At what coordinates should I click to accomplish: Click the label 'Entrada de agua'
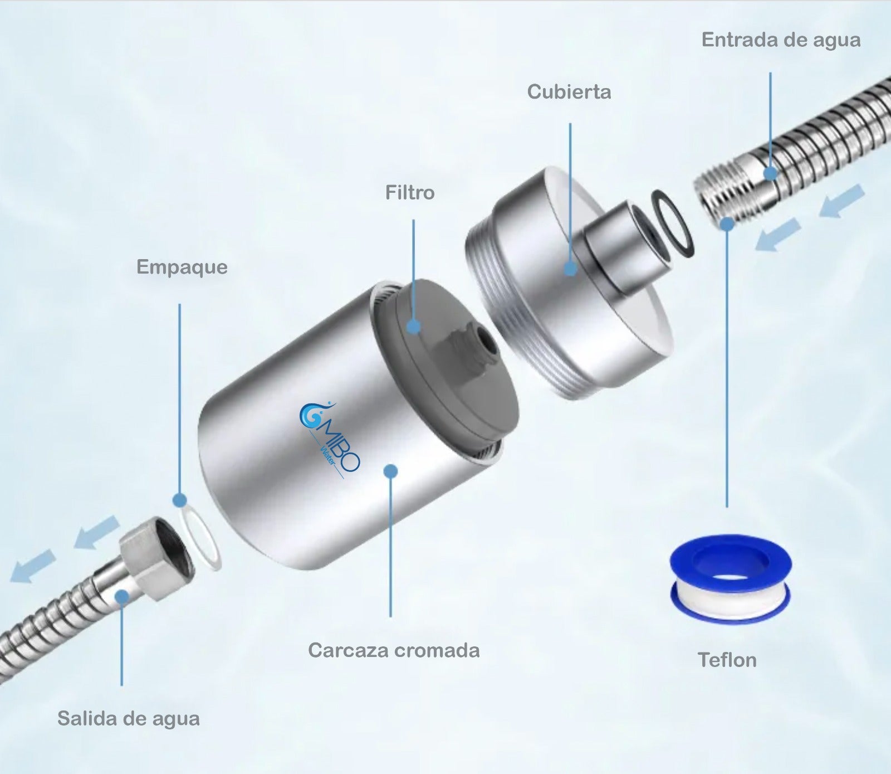click(781, 40)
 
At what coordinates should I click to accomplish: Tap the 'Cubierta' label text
click(569, 91)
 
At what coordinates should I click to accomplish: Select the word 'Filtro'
click(410, 192)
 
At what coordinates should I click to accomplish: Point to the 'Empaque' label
click(182, 267)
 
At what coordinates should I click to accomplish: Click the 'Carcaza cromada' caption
click(394, 650)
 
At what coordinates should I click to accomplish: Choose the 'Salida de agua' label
click(129, 718)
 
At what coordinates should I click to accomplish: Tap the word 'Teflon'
click(727, 660)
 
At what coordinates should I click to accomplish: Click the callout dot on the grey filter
click(413, 326)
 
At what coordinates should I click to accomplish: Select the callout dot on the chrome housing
click(390, 471)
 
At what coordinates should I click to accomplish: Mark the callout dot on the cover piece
click(570, 269)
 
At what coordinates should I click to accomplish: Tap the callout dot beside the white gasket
click(179, 500)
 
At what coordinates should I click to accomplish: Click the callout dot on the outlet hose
click(121, 598)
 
